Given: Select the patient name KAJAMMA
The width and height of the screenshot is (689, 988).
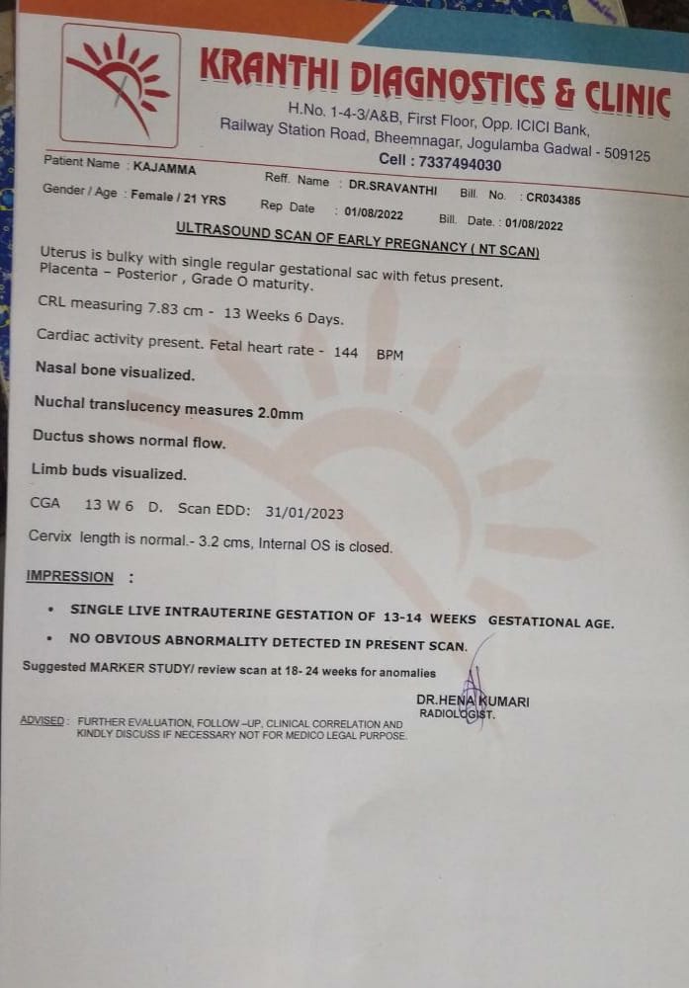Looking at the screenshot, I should (165, 168).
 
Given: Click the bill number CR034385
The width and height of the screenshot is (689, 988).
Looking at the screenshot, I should (553, 199).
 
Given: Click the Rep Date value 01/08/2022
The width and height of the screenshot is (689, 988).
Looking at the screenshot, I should (374, 212).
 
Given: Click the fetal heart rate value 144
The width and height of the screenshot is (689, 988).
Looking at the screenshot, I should (346, 352).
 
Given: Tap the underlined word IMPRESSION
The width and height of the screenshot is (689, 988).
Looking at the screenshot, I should (70, 577).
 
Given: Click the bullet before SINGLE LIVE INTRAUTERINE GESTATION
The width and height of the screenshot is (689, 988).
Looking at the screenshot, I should (49, 611).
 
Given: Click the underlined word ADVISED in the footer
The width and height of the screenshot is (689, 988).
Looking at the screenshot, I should (43, 720).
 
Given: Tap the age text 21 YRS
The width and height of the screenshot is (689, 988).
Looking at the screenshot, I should (207, 199).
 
